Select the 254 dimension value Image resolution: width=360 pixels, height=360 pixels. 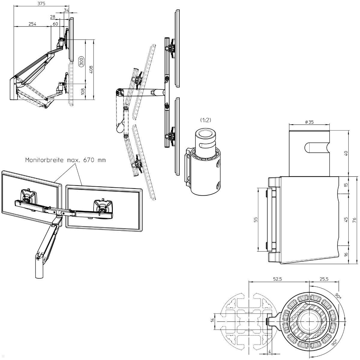[x=33, y=24]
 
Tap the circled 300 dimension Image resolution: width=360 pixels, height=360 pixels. [x=81, y=61]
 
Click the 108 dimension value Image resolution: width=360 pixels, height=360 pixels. [x=83, y=91]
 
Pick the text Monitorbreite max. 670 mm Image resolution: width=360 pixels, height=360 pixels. [x=65, y=160]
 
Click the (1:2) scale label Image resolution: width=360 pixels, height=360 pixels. [x=205, y=120]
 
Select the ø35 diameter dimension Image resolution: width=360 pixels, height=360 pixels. [x=309, y=122]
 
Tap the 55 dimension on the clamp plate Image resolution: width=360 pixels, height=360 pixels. [x=256, y=220]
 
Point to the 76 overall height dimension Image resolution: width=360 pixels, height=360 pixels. [x=354, y=220]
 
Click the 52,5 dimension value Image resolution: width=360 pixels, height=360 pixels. [x=277, y=279]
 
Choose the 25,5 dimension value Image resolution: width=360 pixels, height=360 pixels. [x=324, y=279]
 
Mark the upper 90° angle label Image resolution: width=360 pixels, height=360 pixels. [x=338, y=296]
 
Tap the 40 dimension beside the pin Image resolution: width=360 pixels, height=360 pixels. [x=346, y=153]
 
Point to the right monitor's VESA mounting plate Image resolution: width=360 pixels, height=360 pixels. [x=103, y=207]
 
